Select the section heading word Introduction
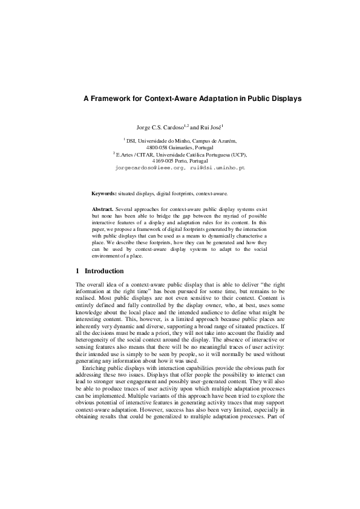(104, 271)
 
